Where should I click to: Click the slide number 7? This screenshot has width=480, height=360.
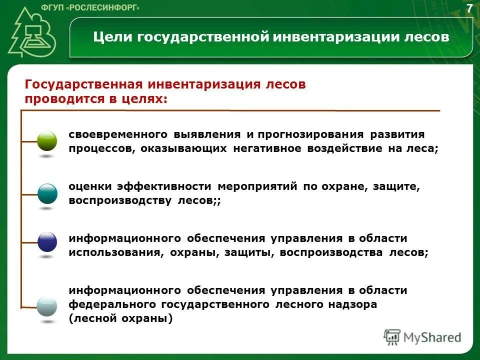pos(469,8)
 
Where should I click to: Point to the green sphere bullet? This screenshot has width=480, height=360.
pos(47,141)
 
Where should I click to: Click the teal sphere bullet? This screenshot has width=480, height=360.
pos(47,193)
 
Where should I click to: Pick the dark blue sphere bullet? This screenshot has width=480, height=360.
pos(47,242)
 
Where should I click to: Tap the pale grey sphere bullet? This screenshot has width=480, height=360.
pos(47,305)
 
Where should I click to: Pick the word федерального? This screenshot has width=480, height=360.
pos(112,304)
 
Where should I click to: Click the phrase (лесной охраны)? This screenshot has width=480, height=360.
pos(120,318)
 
